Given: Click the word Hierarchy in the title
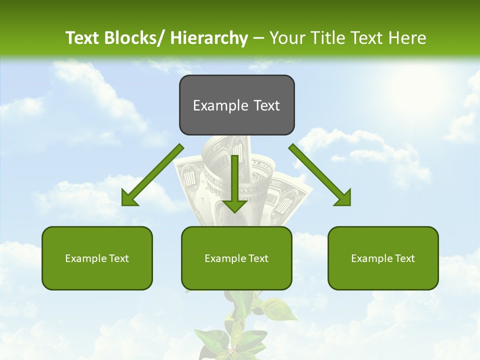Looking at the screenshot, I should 209,38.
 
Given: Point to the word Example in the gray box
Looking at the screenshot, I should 220,105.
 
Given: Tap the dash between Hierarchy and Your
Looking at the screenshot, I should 258,38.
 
